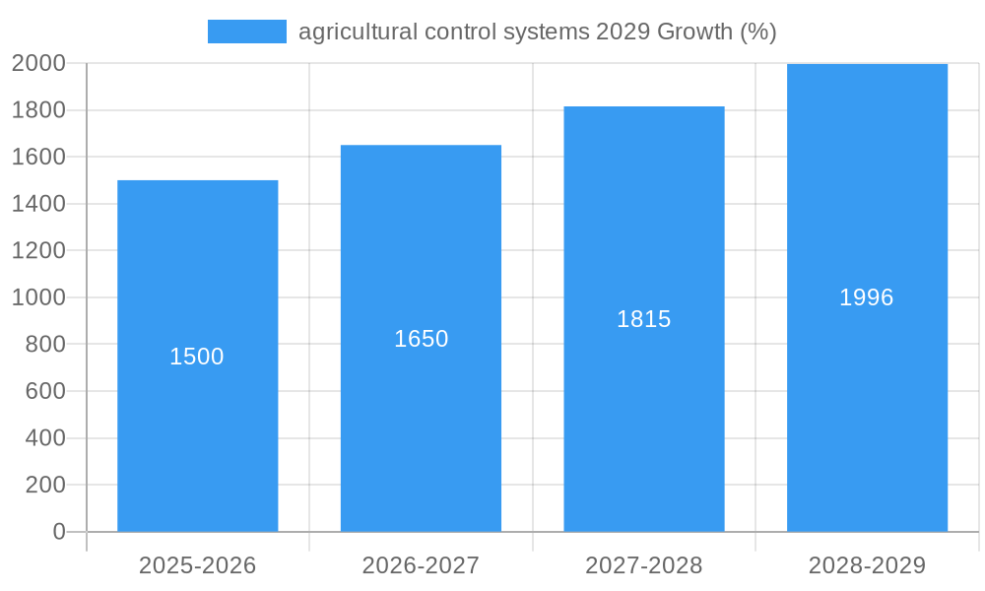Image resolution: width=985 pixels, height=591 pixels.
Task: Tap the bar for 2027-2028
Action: (x=644, y=414)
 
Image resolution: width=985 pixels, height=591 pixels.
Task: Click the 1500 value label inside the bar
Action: (x=197, y=357)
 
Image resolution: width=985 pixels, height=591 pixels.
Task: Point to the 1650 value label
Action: (x=421, y=339)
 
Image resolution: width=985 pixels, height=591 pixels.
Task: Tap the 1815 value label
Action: (x=644, y=319)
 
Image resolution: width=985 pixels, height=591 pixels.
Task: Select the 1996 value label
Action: (x=867, y=297)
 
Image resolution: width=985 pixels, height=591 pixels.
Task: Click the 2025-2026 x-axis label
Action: (x=197, y=565)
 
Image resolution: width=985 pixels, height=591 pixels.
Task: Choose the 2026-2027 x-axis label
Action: (x=421, y=565)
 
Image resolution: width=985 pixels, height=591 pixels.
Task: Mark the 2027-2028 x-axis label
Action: (x=644, y=565)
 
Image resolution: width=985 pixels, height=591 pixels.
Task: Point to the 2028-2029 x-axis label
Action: (x=867, y=565)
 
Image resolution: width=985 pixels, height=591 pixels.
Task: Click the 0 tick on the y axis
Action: (x=58, y=532)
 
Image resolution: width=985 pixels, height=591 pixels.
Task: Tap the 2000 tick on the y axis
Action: (x=38, y=63)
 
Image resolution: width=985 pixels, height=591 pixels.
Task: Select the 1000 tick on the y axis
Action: (x=38, y=297)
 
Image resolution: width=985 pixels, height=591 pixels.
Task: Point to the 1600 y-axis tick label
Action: (x=38, y=157)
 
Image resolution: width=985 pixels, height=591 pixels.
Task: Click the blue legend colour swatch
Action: (x=246, y=32)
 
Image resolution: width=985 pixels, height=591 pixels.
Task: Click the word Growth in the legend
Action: (x=694, y=32)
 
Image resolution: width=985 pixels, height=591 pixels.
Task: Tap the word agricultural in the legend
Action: (x=358, y=32)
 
